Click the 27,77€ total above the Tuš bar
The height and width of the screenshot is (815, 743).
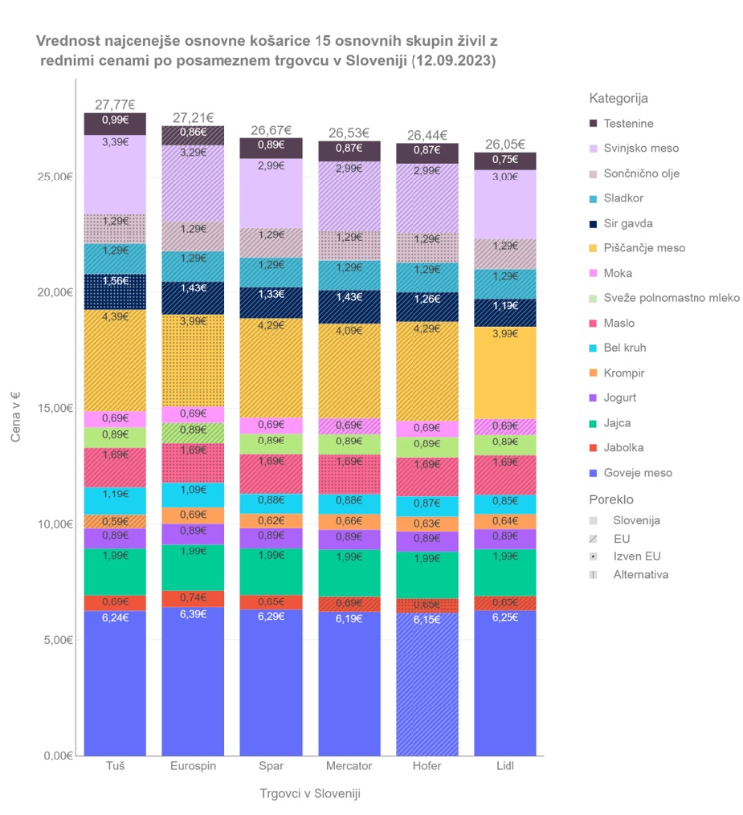coord(115,104)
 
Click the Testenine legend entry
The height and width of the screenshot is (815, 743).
coord(628,124)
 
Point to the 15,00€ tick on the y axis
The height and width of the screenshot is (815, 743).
coord(55,408)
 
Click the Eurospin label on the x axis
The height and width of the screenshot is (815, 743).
coord(193,766)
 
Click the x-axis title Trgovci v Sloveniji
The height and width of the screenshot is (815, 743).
coord(310,793)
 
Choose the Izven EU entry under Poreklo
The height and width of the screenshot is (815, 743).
coord(637,556)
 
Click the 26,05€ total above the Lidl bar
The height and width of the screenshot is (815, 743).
coord(505,145)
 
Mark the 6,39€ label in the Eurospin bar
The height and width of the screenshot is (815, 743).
coord(193,614)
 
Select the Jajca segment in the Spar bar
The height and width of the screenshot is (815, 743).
coord(271,572)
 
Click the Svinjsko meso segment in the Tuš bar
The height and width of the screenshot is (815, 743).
coord(115,177)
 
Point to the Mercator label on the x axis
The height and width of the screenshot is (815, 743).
coord(349,766)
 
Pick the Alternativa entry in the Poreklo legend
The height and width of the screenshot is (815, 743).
coord(640,574)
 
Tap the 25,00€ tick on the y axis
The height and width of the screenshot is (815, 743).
coord(55,177)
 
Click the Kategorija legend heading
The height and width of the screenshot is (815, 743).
coord(618,99)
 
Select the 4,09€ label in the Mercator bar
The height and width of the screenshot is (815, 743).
coord(349,329)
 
